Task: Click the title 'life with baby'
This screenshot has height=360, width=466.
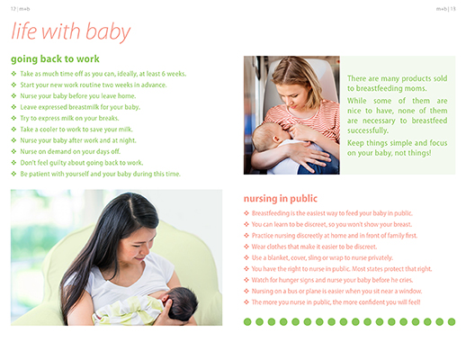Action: (71, 31)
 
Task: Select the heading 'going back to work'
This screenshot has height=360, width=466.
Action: (55, 59)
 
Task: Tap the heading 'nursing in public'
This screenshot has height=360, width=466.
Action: (281, 199)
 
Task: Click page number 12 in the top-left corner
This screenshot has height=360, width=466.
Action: (13, 9)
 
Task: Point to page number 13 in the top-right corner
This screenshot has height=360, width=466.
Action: (453, 9)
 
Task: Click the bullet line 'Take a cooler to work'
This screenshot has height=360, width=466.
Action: (76, 130)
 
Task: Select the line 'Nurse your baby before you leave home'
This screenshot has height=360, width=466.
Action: (78, 96)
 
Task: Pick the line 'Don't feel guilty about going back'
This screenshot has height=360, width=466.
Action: (82, 163)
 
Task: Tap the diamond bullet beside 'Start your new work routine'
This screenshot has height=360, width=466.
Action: (13, 85)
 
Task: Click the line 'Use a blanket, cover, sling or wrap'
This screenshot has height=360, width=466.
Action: (322, 257)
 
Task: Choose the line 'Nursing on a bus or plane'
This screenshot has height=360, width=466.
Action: (336, 291)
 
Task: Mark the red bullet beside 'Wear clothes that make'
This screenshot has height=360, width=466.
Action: (246, 247)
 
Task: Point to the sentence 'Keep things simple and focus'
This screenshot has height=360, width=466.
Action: (398, 148)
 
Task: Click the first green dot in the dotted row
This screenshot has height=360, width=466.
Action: (247, 322)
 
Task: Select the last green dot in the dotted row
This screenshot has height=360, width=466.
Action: (452, 322)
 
